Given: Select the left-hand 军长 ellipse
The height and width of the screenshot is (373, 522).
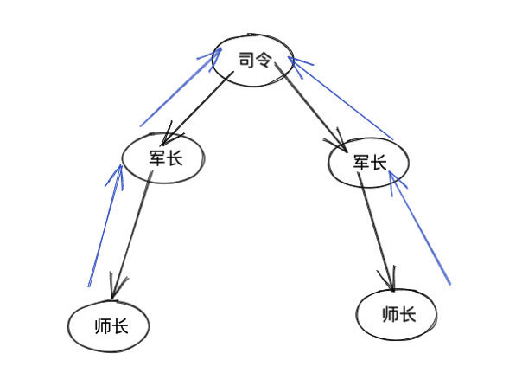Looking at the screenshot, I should [x=164, y=156].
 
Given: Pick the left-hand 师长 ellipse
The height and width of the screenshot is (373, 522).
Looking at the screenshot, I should [x=109, y=326].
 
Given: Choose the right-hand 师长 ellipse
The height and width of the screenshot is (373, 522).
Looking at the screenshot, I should [x=397, y=314].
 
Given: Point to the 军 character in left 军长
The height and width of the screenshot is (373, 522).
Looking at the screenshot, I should [x=156, y=157].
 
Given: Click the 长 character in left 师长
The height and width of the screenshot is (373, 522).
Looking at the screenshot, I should [x=120, y=327].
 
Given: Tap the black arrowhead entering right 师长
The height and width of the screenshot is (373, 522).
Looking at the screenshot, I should [x=391, y=282].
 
